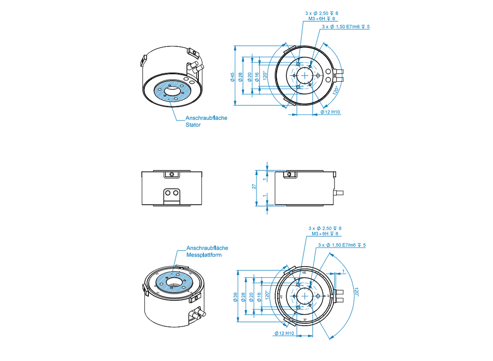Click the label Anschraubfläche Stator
click(206, 121)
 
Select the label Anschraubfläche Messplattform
click(207, 251)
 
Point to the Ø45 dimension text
click(232, 77)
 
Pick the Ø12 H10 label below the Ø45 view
click(330, 112)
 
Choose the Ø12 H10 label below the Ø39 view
click(284, 333)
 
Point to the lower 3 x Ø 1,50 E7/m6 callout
click(342, 245)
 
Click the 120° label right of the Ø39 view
click(356, 292)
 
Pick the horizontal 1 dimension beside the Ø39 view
click(343, 271)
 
